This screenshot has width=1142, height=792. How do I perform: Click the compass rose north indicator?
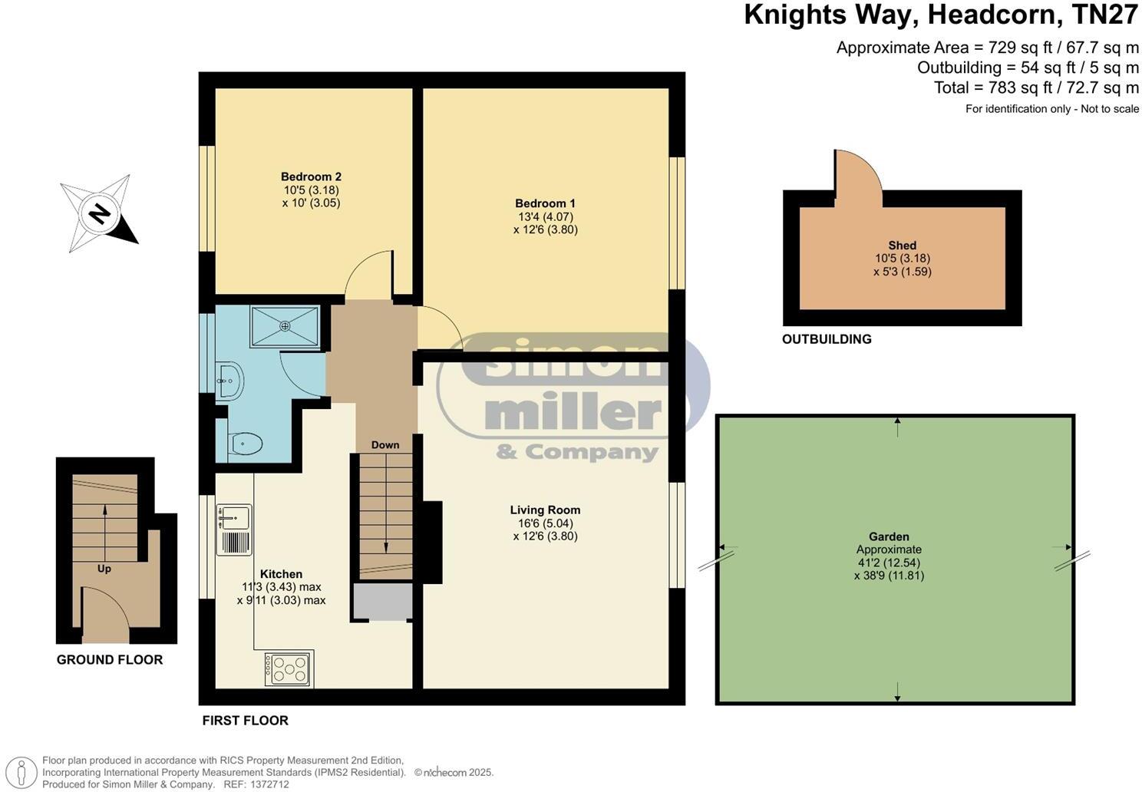[x=98, y=213]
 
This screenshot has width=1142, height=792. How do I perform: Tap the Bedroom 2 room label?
[x=311, y=177]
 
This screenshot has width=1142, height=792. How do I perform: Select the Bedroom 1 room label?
[x=545, y=203]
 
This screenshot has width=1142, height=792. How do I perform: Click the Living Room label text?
[x=545, y=510]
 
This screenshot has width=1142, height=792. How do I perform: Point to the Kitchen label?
[x=281, y=574]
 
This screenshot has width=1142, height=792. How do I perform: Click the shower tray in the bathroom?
[x=285, y=326]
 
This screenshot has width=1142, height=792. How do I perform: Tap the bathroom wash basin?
[x=229, y=381]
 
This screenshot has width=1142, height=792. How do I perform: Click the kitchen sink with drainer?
[x=234, y=529]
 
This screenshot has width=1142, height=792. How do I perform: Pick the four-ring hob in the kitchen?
[x=289, y=668]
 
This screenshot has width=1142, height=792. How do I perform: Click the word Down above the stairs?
[x=385, y=445]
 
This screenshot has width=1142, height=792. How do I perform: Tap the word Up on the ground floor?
[x=104, y=569]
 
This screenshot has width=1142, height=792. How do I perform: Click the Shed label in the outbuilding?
[x=903, y=246]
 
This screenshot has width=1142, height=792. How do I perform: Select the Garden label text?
[x=889, y=537]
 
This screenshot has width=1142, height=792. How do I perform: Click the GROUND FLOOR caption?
[x=110, y=660]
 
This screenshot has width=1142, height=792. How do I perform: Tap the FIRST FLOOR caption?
[x=246, y=721]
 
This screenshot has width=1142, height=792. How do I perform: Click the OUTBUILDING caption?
[x=827, y=339]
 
